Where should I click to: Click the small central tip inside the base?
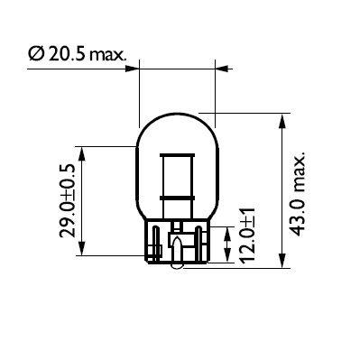(178, 246)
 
